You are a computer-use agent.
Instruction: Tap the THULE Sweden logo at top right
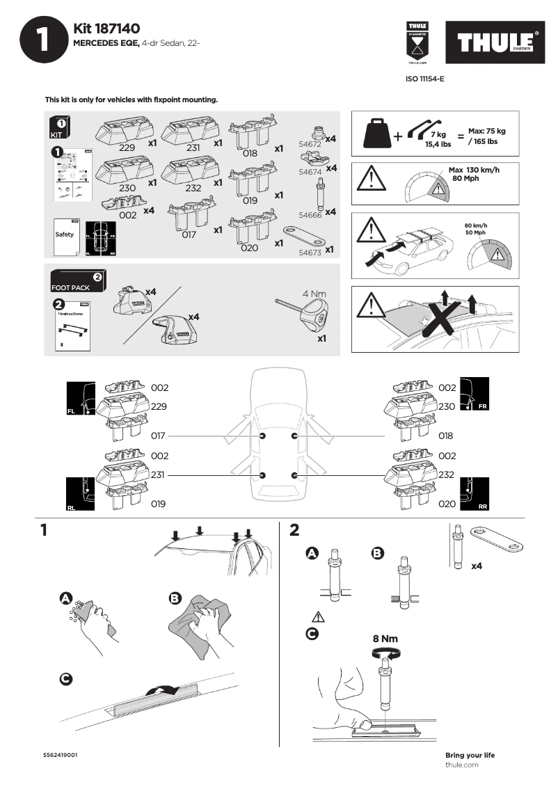tap(496, 43)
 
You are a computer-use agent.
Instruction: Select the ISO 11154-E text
tap(424, 79)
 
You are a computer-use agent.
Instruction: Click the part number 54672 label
tap(310, 144)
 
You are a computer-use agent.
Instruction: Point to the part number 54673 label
tap(310, 253)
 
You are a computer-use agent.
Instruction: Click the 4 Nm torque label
tap(314, 294)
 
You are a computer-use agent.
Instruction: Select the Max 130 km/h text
tap(474, 170)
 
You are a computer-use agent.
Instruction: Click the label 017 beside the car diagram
tap(159, 436)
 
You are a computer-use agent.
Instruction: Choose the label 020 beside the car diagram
tap(447, 504)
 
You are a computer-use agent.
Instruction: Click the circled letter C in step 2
tap(313, 634)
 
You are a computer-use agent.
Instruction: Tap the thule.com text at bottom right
tap(461, 765)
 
